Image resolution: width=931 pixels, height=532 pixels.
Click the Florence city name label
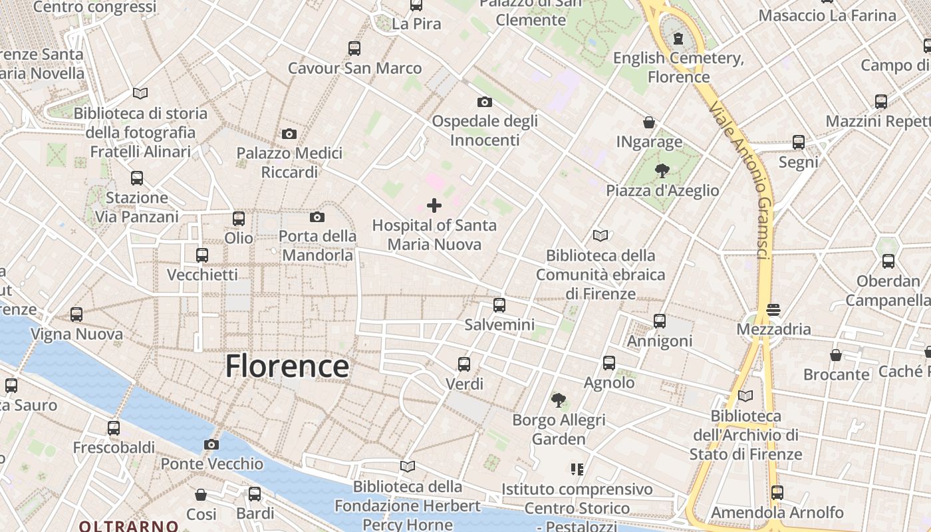coord(287,366)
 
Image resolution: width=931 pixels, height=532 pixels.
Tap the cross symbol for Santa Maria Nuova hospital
coord(434,205)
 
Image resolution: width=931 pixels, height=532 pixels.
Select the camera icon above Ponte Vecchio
coord(211,444)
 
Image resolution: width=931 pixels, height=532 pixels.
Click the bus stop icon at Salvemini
coord(499,305)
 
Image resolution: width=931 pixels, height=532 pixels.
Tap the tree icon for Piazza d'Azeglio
coord(662,171)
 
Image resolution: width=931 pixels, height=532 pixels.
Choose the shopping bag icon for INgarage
coord(649,122)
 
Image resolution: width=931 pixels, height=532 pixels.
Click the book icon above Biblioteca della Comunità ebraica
coord(600,235)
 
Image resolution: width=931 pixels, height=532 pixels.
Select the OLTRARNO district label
coord(128,526)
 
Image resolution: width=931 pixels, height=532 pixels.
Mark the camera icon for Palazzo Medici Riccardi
coord(289,134)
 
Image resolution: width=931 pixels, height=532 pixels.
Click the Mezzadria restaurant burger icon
coord(773,309)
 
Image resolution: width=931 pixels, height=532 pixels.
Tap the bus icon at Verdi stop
coord(464,364)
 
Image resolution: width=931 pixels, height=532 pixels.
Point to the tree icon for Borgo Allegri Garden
coord(559,400)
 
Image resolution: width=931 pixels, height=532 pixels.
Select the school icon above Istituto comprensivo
coord(577,469)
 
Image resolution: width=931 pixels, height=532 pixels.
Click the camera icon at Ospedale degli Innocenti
coord(485,102)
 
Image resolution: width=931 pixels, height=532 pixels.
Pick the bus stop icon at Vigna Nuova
coord(76,315)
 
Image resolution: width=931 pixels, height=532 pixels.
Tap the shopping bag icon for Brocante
coord(836,354)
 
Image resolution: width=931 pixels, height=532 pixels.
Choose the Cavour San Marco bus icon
coord(354,49)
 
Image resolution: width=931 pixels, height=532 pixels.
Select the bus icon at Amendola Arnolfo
coord(777,493)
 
